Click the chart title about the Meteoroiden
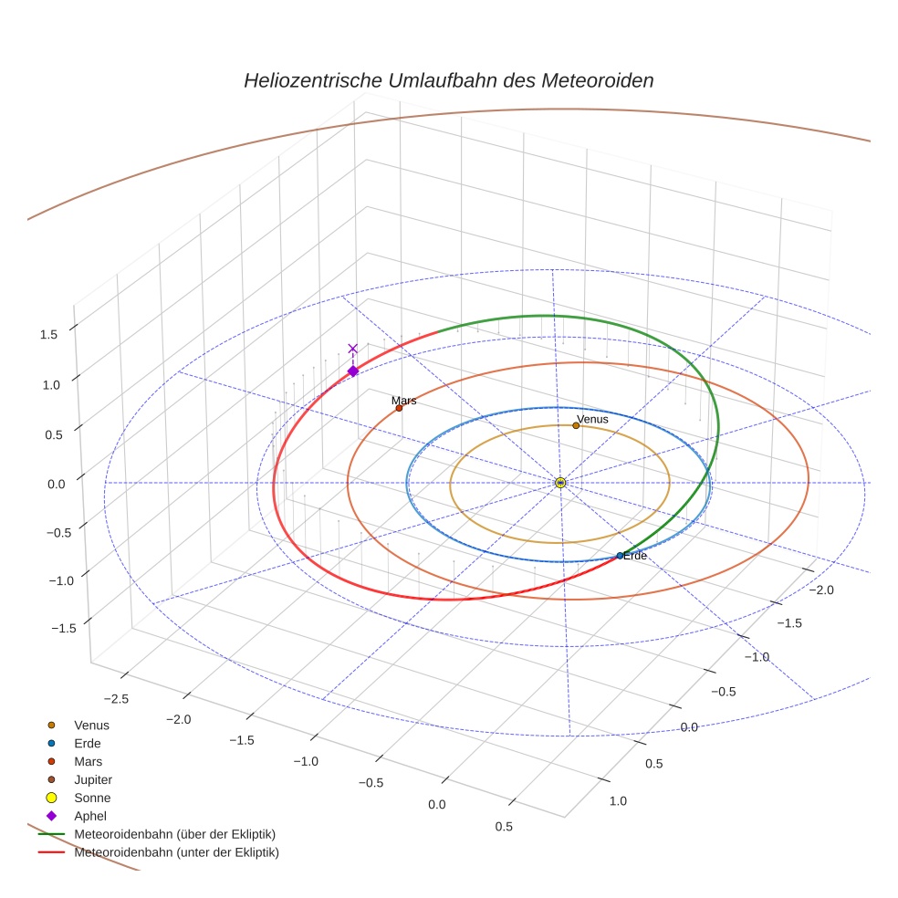(448, 80)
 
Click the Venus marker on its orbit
(576, 425)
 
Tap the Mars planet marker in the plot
(399, 408)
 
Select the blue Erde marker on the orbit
(620, 555)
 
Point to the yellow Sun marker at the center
(560, 483)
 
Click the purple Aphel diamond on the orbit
(353, 371)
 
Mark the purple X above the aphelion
(353, 349)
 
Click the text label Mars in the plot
(403, 400)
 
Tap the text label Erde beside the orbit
(635, 555)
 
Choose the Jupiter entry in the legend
(93, 779)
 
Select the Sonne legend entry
(92, 798)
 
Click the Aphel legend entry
(91, 816)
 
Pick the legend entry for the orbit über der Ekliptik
(174, 834)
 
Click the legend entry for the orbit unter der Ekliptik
(176, 852)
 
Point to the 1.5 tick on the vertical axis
(48, 334)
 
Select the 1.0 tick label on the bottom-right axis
(618, 801)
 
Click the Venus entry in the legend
(91, 725)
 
